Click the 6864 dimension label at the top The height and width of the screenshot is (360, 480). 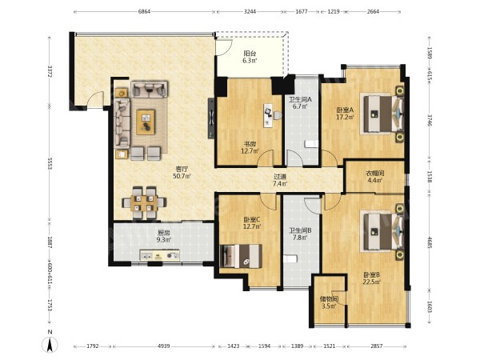point(145,12)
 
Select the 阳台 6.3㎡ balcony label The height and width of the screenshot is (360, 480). point(250,57)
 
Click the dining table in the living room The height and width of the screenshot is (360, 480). point(144,202)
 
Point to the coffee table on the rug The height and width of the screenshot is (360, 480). point(146,122)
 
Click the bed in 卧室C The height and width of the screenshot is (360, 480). point(242,256)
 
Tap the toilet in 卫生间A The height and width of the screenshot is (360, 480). point(312,144)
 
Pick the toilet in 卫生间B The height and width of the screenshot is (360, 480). point(290,259)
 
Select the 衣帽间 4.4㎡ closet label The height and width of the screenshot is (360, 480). point(374,177)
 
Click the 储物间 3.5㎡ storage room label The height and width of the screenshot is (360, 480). point(329,302)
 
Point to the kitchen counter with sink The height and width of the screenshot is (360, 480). point(160,255)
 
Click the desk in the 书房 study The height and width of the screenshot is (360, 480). point(267,115)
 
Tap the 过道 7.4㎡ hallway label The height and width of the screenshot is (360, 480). point(280,180)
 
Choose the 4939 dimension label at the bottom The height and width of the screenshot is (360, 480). point(163,346)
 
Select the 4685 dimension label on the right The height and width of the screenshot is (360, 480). point(430,242)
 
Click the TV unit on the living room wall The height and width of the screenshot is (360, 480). point(211,118)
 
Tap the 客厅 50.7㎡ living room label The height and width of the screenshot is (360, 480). point(182,172)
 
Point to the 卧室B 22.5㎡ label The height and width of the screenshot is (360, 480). point(372,278)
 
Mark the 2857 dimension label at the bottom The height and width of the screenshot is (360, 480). point(377,346)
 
